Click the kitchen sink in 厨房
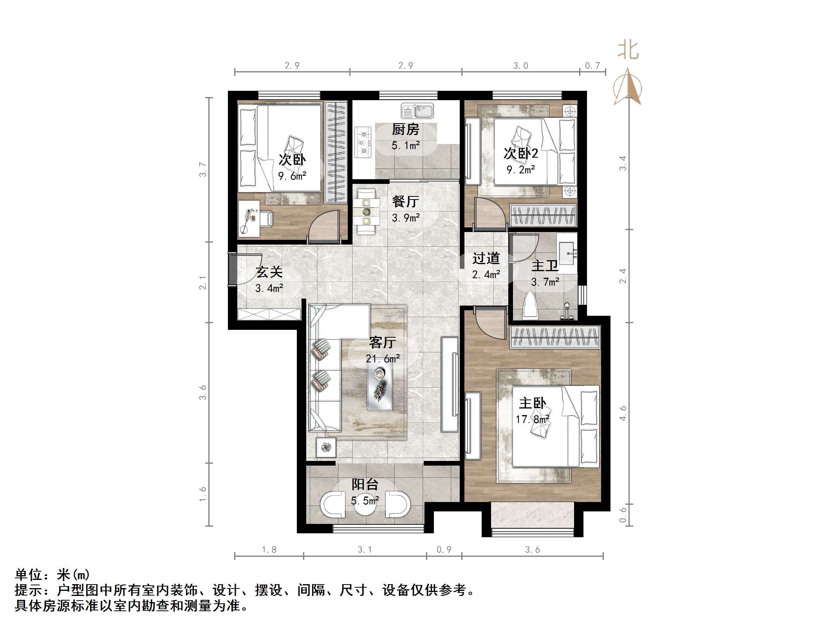pyautogui.click(x=417, y=111)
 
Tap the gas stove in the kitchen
pyautogui.click(x=363, y=142)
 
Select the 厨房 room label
pyautogui.click(x=406, y=129)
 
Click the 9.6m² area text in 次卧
pyautogui.click(x=292, y=176)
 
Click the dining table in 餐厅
pyautogui.click(x=366, y=212)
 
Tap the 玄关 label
pyautogui.click(x=269, y=272)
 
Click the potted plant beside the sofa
pyautogui.click(x=326, y=447)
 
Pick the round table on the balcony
pyautogui.click(x=365, y=504)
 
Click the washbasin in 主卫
pyautogui.click(x=567, y=253)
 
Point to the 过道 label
pyautogui.click(x=486, y=258)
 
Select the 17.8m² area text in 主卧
pyautogui.click(x=533, y=419)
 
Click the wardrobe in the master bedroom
pyautogui.click(x=555, y=337)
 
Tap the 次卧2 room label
pyautogui.click(x=521, y=153)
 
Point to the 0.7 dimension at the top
pyautogui.click(x=592, y=66)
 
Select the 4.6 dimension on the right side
pyautogui.click(x=623, y=413)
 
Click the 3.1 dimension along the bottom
pyautogui.click(x=365, y=550)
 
